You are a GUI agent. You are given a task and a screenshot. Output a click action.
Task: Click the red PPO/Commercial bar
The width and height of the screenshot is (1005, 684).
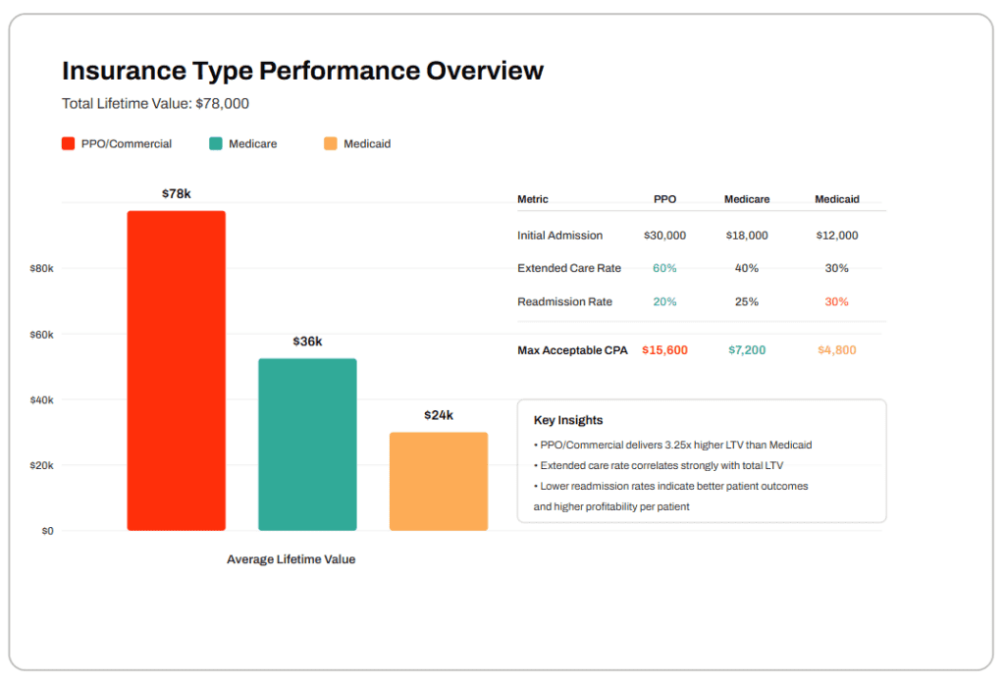coord(176,371)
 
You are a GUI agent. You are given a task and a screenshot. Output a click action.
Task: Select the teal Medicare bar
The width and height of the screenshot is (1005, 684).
coord(307,445)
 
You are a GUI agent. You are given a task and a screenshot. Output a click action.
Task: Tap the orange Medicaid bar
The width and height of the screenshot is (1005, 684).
coord(438,481)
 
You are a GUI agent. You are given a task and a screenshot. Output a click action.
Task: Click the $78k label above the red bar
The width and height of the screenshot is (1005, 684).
coord(177,194)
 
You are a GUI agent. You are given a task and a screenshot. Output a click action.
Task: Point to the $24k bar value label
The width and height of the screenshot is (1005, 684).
coord(439,415)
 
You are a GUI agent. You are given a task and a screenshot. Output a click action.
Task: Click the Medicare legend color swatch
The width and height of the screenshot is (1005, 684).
coord(216,143)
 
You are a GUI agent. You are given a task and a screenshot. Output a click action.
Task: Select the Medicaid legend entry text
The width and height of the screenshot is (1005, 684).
coord(367,144)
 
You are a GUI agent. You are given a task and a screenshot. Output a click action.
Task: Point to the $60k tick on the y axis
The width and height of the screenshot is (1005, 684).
coord(41,335)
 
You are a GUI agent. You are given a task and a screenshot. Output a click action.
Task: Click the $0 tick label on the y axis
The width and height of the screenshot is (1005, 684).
coord(46,531)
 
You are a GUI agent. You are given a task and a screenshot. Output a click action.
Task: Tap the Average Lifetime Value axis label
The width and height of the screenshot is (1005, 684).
coord(291,559)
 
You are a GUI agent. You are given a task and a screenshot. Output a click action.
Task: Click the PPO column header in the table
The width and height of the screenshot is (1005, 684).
coord(664,199)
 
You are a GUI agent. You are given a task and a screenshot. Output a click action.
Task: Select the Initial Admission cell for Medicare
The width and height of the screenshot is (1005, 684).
coord(746,236)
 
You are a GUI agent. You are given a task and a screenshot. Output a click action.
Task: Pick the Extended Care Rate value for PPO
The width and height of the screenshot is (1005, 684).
coord(664,268)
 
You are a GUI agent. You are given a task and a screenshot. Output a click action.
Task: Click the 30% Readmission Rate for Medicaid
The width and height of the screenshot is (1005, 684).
coord(836,302)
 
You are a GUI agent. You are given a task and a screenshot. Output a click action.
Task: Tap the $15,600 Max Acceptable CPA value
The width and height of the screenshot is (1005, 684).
coord(664,350)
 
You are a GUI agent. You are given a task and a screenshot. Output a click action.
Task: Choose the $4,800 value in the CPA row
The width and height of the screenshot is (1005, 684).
coord(836,350)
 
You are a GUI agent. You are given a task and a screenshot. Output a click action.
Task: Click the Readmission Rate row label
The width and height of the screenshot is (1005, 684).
coord(564,302)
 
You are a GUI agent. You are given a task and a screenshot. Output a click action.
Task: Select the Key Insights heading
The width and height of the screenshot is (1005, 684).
coord(568,420)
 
